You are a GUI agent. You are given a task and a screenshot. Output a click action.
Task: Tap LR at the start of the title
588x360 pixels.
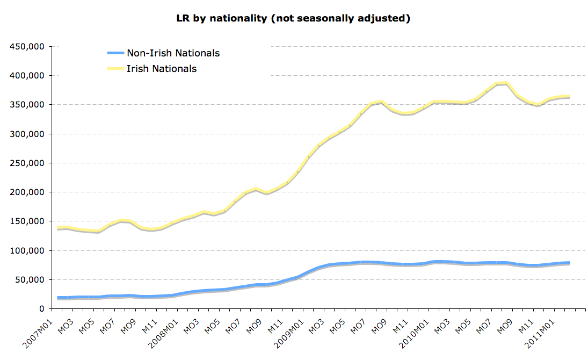pyautogui.click(x=183, y=18)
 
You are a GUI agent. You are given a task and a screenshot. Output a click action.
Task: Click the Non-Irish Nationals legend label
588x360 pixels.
pyautogui.click(x=173, y=53)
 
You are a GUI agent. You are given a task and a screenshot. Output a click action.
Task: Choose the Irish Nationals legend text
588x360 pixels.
pyautogui.click(x=162, y=69)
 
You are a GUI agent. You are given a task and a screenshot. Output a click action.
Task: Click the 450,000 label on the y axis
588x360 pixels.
pyautogui.click(x=27, y=47)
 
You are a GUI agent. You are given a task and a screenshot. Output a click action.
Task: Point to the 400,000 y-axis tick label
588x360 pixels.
pyautogui.click(x=27, y=76)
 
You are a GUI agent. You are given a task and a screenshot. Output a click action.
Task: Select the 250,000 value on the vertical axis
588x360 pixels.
pyautogui.click(x=27, y=163)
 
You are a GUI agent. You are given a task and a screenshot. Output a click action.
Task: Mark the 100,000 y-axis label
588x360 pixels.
pyautogui.click(x=27, y=251)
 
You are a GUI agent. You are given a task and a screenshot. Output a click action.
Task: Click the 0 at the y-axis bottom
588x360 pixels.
pyautogui.click(x=41, y=309)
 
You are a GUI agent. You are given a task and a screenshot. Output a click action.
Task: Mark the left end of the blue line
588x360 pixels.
pyautogui.click(x=58, y=298)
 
